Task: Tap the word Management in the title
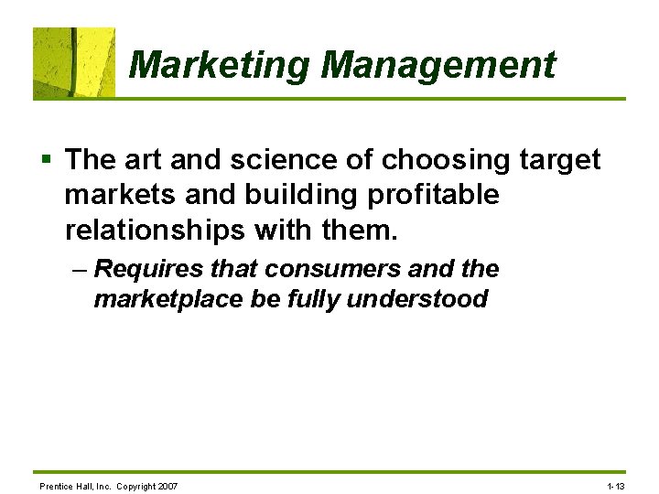pyautogui.click(x=438, y=65)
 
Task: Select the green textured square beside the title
pyautogui.click(x=74, y=62)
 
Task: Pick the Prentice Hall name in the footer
pyautogui.click(x=68, y=486)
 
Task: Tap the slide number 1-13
pyautogui.click(x=615, y=486)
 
